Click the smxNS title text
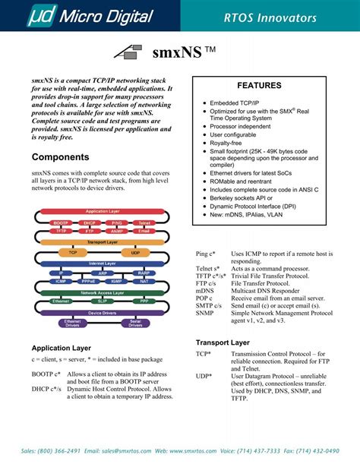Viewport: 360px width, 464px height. [x=174, y=53]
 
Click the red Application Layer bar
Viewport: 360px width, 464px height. [x=103, y=211]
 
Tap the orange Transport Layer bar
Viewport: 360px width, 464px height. [x=103, y=242]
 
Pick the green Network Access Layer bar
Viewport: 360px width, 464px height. [x=103, y=292]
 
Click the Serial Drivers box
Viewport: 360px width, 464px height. [x=136, y=323]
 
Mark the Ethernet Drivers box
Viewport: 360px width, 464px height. [x=73, y=323]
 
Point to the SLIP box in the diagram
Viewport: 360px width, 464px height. [x=103, y=301]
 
